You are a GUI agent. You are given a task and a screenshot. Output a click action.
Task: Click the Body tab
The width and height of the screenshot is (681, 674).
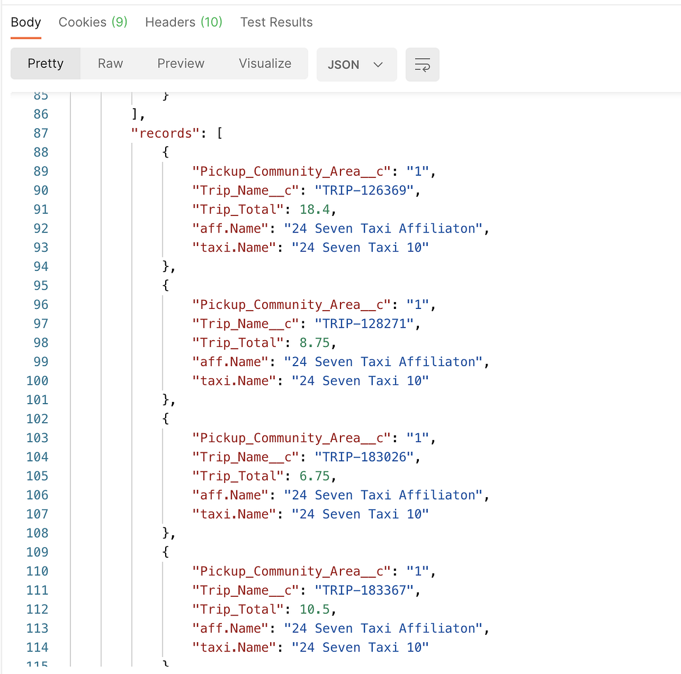tap(26, 23)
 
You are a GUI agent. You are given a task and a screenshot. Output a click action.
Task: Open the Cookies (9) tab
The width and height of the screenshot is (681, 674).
tap(93, 23)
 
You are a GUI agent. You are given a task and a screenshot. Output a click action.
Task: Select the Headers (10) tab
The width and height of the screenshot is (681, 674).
tap(184, 23)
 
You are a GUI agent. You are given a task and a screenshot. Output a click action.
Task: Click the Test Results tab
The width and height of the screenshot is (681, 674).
tap(276, 23)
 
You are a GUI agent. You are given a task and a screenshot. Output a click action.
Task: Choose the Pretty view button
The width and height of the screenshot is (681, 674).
tap(45, 63)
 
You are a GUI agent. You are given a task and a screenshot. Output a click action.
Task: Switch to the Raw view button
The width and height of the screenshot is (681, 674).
tap(110, 63)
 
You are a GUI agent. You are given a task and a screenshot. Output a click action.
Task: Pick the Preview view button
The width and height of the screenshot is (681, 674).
tap(180, 63)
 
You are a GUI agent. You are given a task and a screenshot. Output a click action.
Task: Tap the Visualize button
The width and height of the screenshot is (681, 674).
tap(265, 63)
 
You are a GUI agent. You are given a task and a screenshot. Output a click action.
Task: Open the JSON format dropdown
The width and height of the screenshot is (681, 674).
tap(356, 65)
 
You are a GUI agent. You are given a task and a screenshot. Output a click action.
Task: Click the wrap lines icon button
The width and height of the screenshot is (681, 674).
tap(422, 65)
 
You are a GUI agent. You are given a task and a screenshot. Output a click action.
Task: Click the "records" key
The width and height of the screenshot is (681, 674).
tap(166, 134)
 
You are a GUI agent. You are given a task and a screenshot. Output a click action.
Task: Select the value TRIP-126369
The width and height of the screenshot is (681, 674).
tap(364, 191)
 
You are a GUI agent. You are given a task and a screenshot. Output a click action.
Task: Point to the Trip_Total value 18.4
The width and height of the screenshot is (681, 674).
tap(314, 210)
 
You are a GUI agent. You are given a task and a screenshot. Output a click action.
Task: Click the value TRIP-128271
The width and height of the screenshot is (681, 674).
tap(364, 324)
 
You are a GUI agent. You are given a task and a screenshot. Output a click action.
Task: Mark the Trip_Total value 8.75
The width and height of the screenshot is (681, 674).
tap(314, 343)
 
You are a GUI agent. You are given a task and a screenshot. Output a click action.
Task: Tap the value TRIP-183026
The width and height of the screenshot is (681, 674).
tap(364, 457)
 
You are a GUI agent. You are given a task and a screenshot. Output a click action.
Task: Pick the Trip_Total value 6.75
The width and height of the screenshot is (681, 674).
tap(314, 476)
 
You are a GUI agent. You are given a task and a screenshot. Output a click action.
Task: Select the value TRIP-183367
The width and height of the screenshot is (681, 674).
tap(364, 591)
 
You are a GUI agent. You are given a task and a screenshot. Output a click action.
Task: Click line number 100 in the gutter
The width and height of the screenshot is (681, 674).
tap(37, 381)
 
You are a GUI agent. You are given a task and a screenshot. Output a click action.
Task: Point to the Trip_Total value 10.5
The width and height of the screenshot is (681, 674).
tap(314, 609)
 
